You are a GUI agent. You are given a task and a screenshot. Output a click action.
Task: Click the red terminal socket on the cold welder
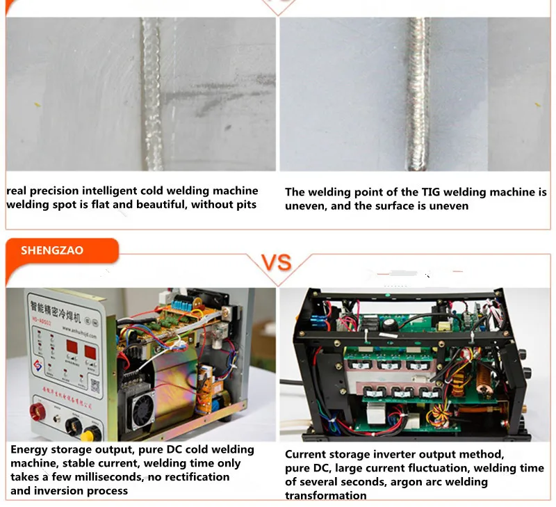(x=37, y=412)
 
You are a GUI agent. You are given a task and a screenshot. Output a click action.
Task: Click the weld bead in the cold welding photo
(x=152, y=94)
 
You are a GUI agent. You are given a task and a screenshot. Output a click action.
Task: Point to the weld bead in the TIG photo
(x=419, y=94)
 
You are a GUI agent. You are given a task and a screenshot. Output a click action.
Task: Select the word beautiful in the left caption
(x=158, y=204)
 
